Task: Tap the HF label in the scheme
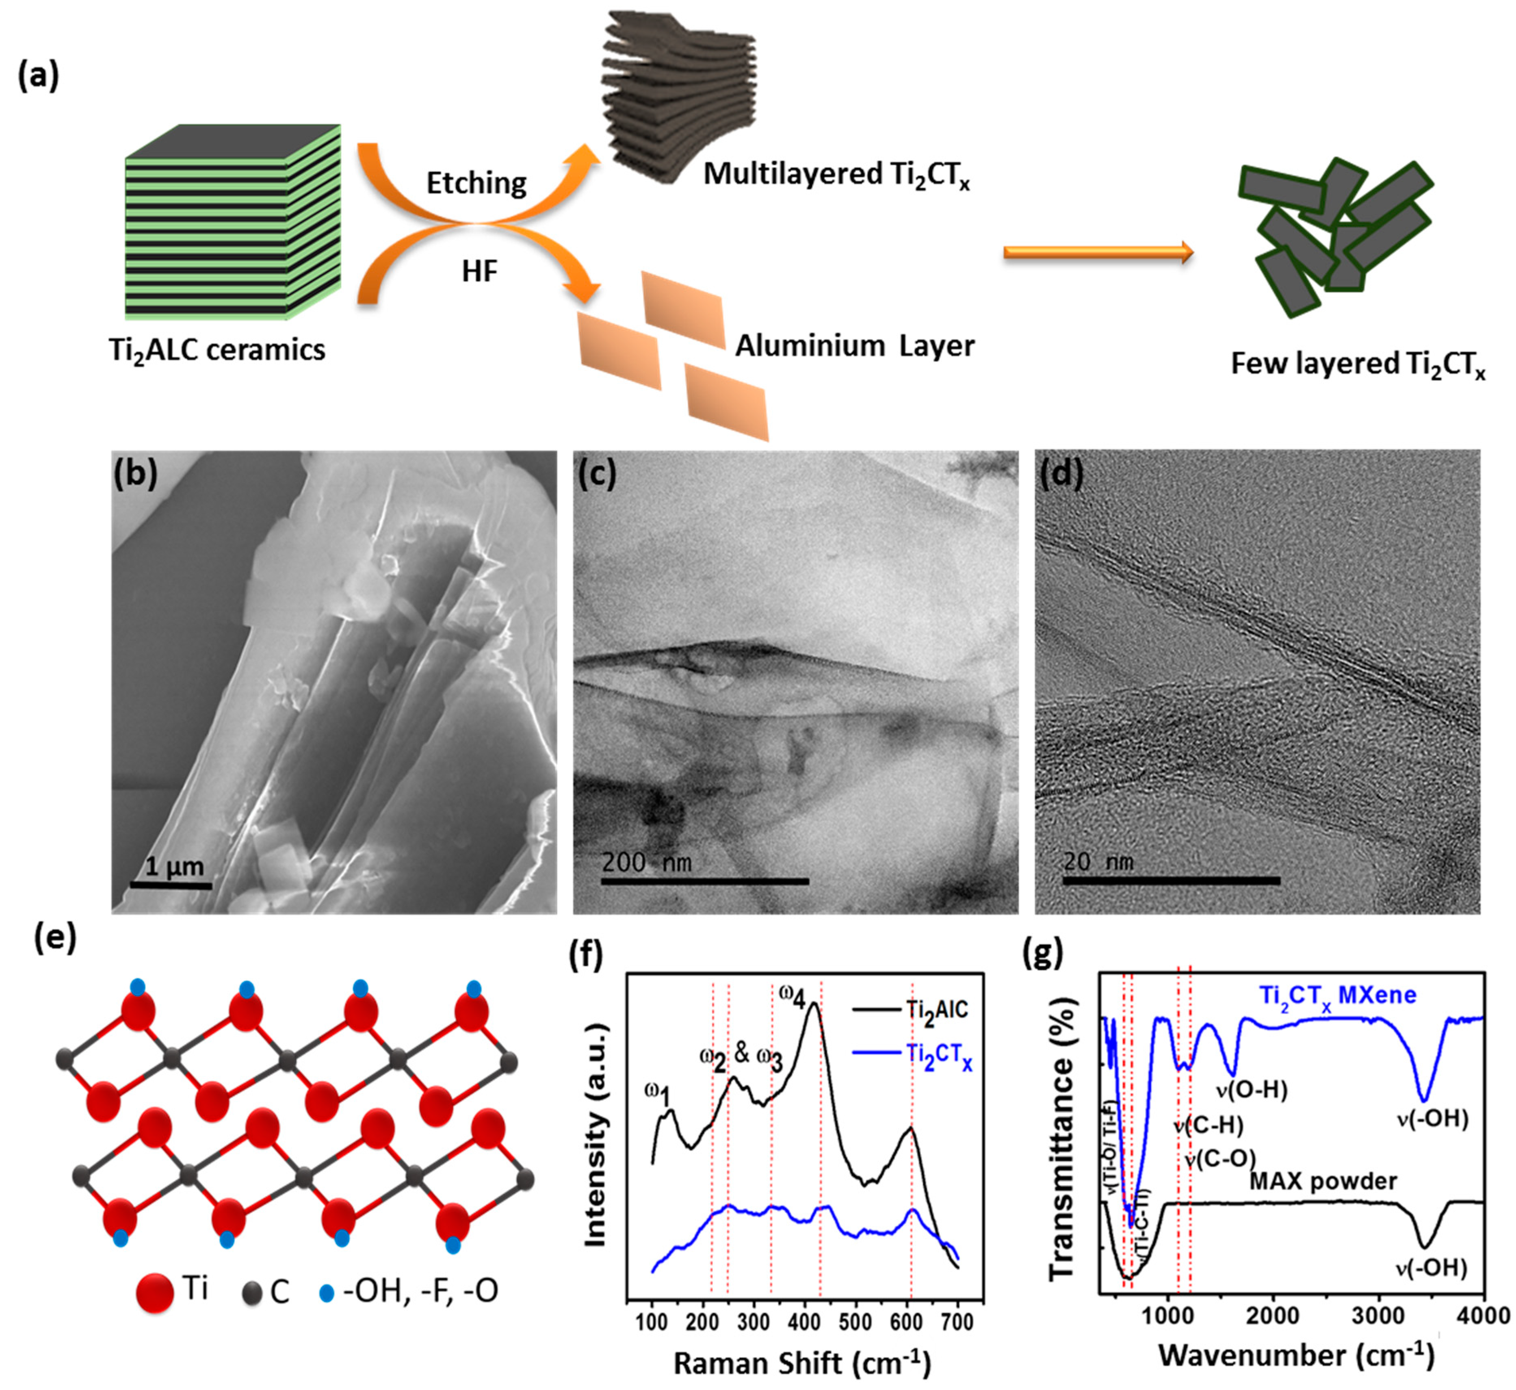(479, 271)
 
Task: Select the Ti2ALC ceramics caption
(217, 351)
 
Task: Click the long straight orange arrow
(1098, 253)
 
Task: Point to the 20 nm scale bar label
(1098, 861)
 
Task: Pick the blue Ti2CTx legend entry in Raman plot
(912, 1054)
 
